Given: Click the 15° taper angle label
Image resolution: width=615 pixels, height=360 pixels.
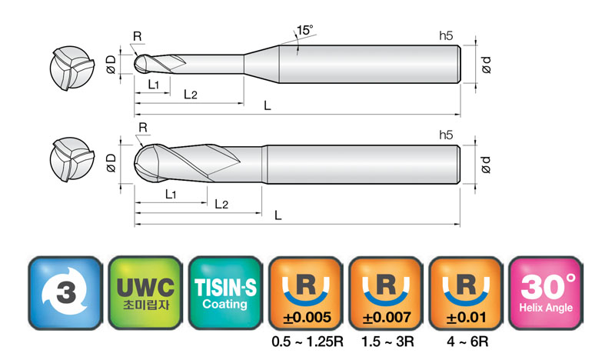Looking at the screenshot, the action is pos(304,30).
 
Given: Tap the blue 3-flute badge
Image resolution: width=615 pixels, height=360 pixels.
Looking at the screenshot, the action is pos(65,292).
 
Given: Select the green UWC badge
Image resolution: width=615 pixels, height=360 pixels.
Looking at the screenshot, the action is pos(145,292).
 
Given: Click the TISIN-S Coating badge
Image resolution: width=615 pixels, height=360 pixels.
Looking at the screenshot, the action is pos(225,292).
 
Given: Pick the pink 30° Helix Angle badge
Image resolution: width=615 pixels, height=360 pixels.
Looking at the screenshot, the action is pos(546,292).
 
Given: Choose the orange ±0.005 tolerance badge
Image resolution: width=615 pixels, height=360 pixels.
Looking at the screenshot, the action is pos(305,292).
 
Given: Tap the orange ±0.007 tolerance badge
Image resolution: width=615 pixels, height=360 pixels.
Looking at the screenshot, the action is pos(386,292).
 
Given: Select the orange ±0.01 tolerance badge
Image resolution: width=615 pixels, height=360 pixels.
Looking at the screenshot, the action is pos(466,292).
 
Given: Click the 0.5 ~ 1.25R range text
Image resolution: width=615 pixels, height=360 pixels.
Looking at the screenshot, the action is pos(307,342).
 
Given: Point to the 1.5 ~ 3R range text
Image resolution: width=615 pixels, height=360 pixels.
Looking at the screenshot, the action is pos(387,342).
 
